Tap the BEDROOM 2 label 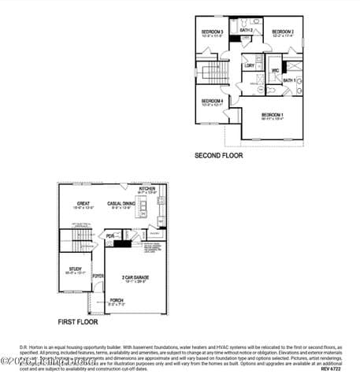[283, 31]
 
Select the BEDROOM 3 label [213, 31]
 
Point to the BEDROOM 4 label [212, 101]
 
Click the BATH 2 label [246, 30]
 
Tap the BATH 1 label [289, 80]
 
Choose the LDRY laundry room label [249, 65]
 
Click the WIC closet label [276, 71]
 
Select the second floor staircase [213, 74]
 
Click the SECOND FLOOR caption [218, 156]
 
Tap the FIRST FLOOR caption [78, 322]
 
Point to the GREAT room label [83, 203]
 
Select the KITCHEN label [147, 189]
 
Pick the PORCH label [117, 300]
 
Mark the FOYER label [98, 276]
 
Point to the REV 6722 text [330, 368]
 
